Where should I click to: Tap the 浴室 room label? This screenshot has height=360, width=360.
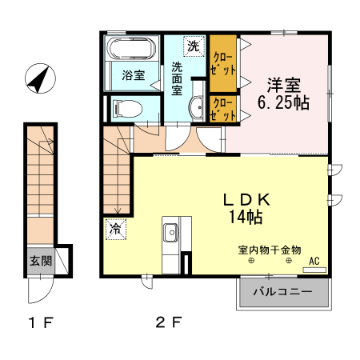(133, 76)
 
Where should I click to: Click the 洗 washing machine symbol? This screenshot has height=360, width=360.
(193, 46)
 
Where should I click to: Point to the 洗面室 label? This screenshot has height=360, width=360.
(177, 78)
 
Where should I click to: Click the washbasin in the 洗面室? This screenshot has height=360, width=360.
(197, 108)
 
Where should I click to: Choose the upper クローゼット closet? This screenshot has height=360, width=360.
(223, 63)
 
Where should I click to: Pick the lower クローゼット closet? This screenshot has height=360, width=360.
(223, 109)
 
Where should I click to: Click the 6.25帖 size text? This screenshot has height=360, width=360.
(284, 102)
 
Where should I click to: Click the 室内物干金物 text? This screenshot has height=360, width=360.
(269, 250)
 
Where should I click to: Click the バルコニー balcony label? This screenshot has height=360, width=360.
(283, 293)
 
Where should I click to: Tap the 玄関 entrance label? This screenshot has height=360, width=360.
(41, 260)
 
